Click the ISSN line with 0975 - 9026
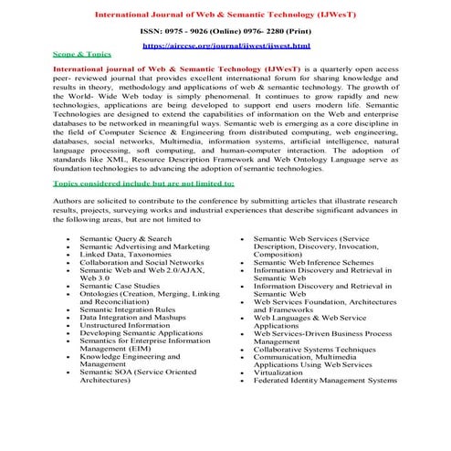click(226, 30)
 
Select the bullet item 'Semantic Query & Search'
click(125, 238)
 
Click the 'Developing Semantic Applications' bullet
click(141, 334)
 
